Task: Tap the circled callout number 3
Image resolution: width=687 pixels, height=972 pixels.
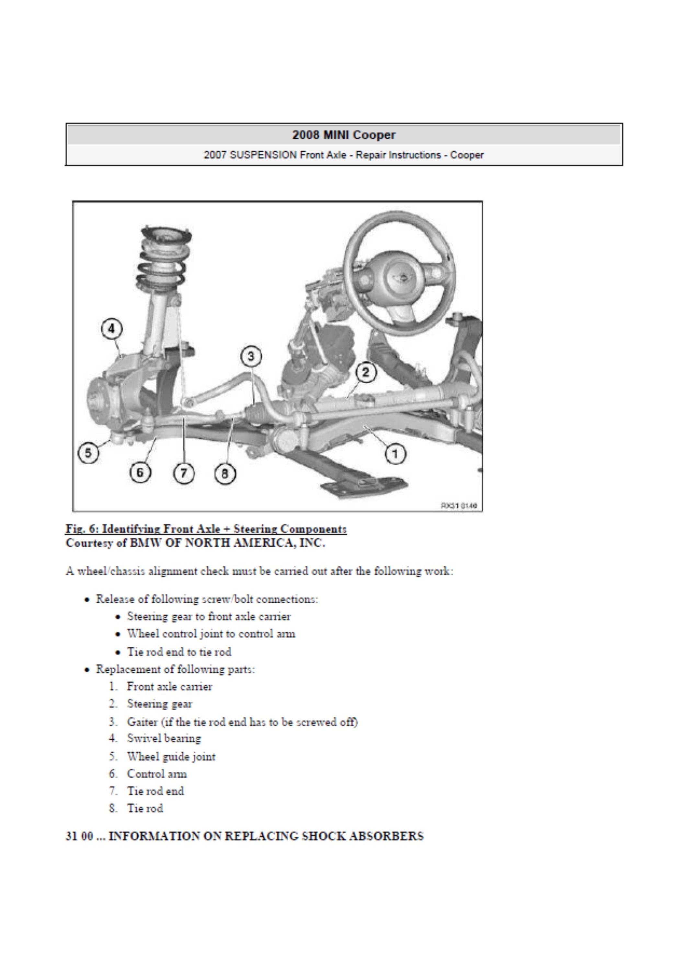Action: pyautogui.click(x=251, y=356)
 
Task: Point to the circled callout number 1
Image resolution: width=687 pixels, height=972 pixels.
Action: pyautogui.click(x=395, y=454)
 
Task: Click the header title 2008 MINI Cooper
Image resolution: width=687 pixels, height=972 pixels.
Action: pyautogui.click(x=343, y=135)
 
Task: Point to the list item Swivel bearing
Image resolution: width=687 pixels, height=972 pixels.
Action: pyautogui.click(x=164, y=738)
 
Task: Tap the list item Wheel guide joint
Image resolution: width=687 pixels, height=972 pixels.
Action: pyautogui.click(x=171, y=756)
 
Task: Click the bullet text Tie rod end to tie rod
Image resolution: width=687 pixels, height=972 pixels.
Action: pyautogui.click(x=179, y=652)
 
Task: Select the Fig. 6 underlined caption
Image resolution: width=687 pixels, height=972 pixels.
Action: pyautogui.click(x=206, y=529)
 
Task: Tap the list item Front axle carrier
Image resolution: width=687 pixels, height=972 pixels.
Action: pyautogui.click(x=169, y=686)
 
